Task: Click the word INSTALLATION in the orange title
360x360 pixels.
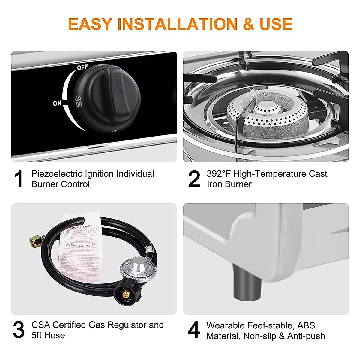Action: pos(177,24)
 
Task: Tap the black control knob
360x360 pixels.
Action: pos(108,97)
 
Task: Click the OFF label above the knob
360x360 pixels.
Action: pos(82,67)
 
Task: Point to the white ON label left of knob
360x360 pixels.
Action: pos(57,103)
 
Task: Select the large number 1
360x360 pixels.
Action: pos(19,179)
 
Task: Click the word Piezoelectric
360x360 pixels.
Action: pos(57,174)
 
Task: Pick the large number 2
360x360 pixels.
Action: pos(194,179)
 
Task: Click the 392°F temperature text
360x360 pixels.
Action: pos(219,174)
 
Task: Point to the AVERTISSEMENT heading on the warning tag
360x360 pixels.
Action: pos(81,246)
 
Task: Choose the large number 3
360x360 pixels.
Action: pos(19,330)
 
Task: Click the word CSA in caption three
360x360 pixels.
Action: pos(41,325)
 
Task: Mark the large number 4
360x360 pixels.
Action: pos(194,330)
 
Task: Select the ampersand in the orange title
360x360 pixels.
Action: pos(248,24)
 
